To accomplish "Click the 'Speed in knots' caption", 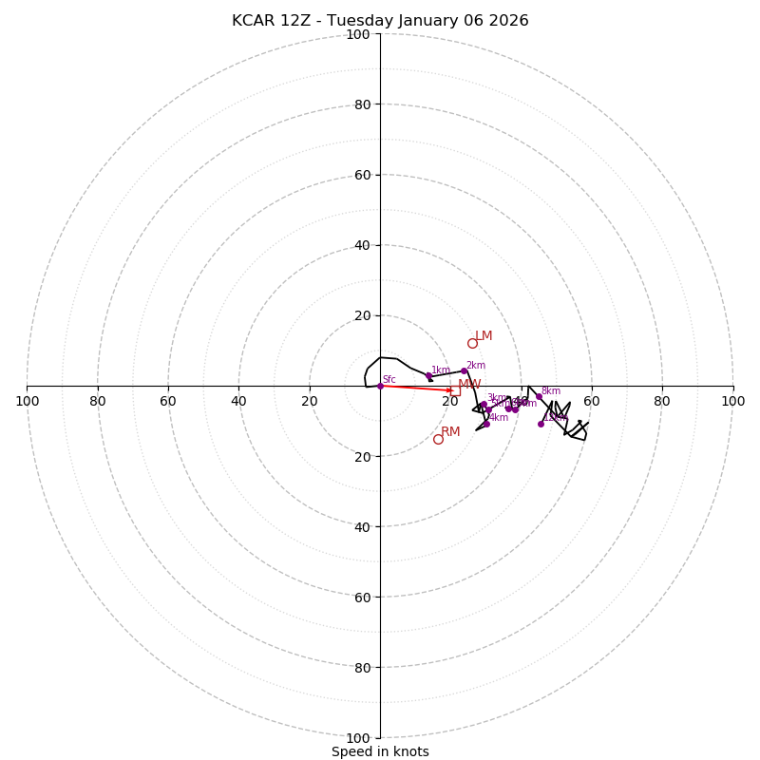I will (x=380, y=751).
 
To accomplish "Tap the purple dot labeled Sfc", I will (x=380, y=386).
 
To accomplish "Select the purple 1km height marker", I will (x=428, y=375).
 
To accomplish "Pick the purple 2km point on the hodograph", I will (x=464, y=370).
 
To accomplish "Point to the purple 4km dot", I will (x=486, y=424).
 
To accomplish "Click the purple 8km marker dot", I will (x=539, y=396).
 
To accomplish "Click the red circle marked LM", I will (x=472, y=343).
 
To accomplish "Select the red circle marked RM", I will (x=438, y=439).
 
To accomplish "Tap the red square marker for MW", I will (x=455, y=390).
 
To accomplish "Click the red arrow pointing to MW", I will (x=418, y=388).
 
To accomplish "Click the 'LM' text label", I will (x=484, y=336).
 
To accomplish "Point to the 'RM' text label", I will (x=450, y=432).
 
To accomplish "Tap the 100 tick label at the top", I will (x=358, y=34).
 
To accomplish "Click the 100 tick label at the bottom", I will (x=358, y=737).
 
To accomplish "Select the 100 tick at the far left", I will (x=28, y=401).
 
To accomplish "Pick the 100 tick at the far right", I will (x=732, y=401).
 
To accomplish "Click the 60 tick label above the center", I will (x=362, y=175).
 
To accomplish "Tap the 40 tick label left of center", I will (x=238, y=401).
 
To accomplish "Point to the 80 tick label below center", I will (x=362, y=667).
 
